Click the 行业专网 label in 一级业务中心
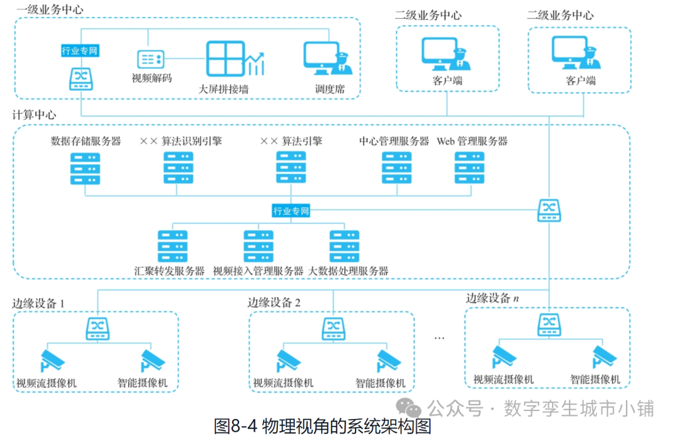click(x=79, y=51)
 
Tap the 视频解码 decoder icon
click(x=150, y=60)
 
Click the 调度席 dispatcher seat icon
click(x=327, y=58)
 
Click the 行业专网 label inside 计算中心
click(x=291, y=211)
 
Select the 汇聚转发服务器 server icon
click(x=173, y=246)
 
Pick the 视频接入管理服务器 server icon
click(x=259, y=246)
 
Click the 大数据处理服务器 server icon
click(x=344, y=246)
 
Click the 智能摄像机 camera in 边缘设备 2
click(x=389, y=361)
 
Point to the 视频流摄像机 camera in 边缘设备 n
click(x=504, y=356)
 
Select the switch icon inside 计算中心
click(x=549, y=210)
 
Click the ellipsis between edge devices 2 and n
click(x=439, y=338)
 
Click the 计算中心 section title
click(x=34, y=115)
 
